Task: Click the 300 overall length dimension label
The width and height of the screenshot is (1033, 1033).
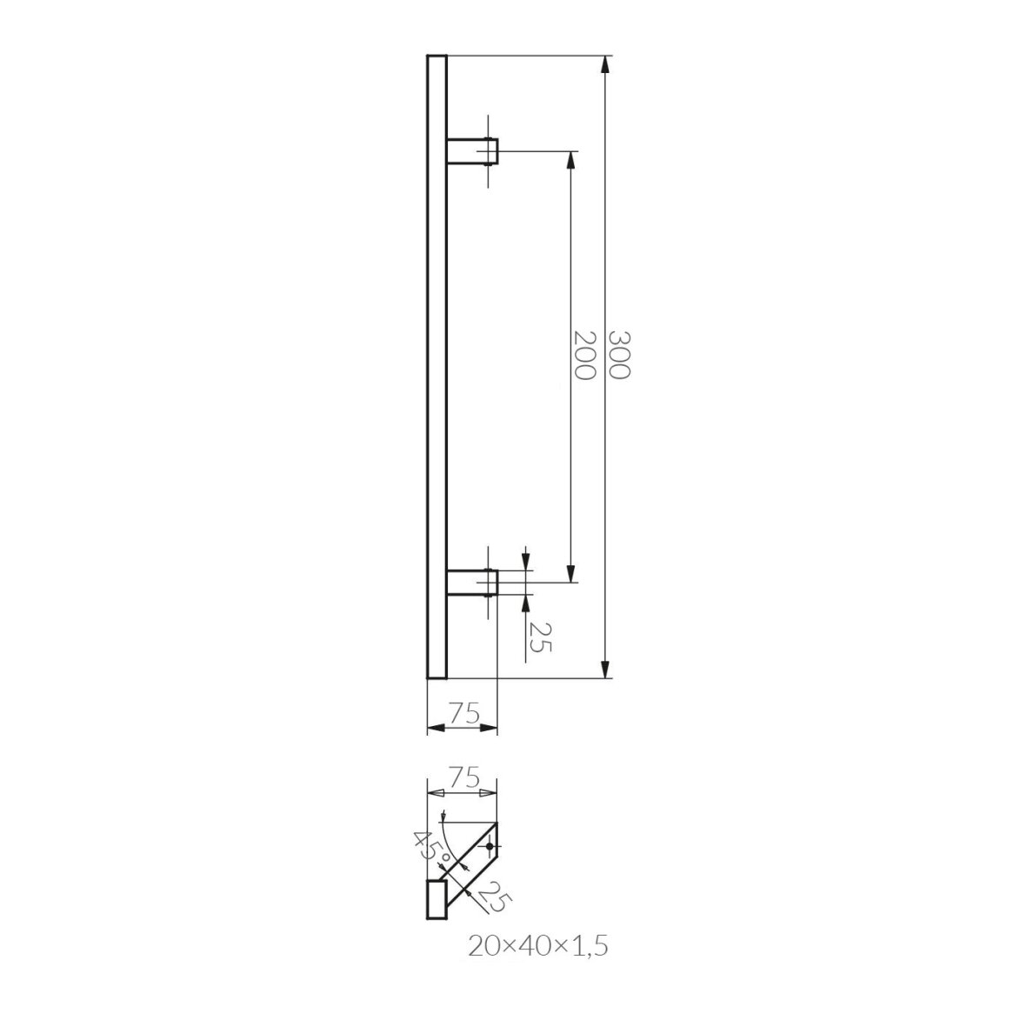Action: tap(619, 355)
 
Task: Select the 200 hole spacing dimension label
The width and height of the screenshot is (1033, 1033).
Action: tap(584, 355)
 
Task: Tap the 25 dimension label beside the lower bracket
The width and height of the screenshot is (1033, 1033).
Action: tap(539, 636)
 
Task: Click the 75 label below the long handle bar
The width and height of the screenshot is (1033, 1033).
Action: tap(463, 713)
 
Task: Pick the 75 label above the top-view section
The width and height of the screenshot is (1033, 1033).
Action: tap(463, 778)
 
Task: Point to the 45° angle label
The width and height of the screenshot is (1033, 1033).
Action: tap(431, 848)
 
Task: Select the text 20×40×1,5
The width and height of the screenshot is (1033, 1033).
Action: tap(537, 947)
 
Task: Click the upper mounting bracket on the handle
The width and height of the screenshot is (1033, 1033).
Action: tap(472, 151)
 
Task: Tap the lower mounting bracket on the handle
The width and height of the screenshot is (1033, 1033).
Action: tap(472, 583)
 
